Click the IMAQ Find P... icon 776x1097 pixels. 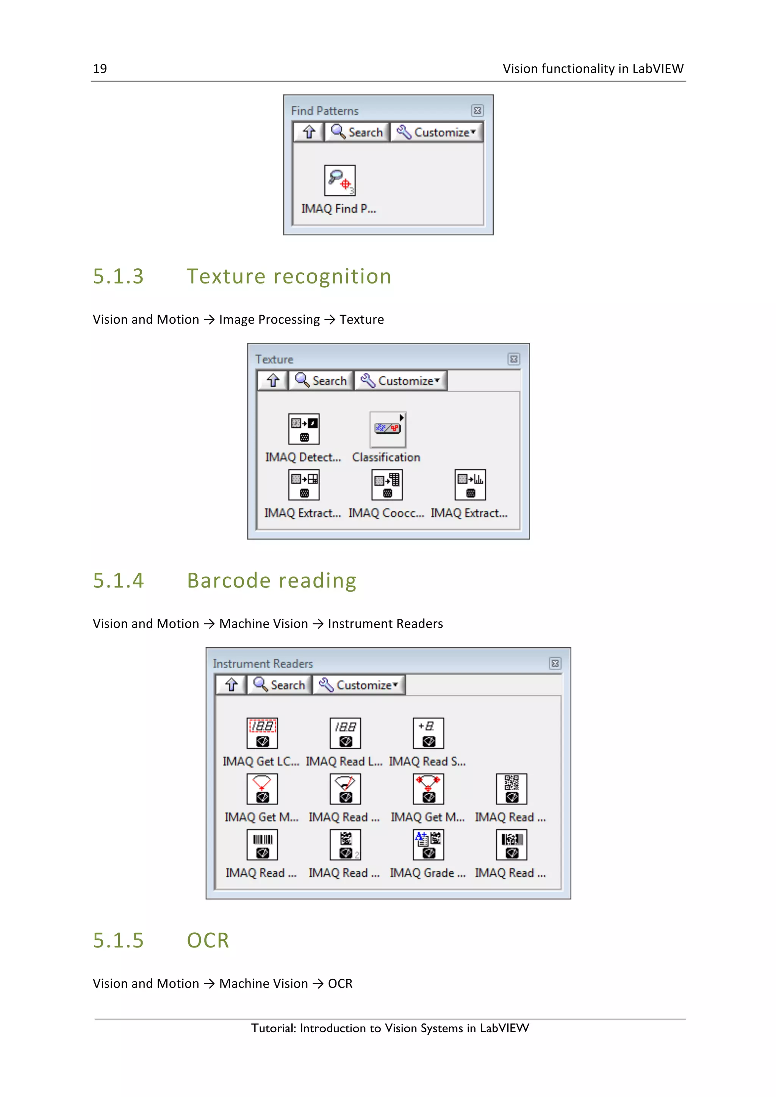point(339,181)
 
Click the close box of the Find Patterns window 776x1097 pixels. point(477,111)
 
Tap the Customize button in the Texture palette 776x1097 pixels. point(401,381)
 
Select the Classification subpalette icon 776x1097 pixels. point(387,429)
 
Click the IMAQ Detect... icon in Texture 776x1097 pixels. point(304,429)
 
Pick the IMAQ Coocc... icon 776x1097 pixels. point(387,485)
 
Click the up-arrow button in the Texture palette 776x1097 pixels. point(272,381)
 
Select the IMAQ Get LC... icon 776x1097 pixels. point(262,733)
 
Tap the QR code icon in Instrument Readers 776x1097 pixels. point(511,789)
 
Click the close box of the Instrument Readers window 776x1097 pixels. point(555,663)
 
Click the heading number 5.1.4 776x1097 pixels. point(118,581)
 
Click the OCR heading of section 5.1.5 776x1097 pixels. point(208,940)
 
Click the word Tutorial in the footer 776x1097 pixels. point(274,1028)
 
